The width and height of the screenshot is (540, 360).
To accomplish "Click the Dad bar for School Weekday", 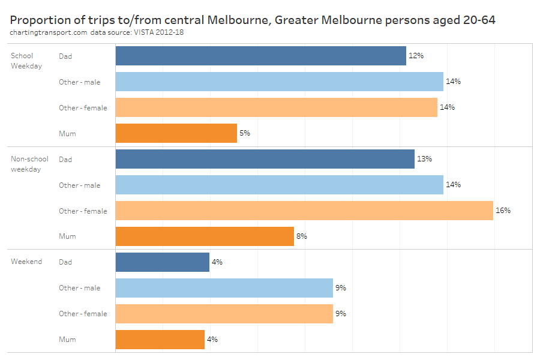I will point(260,56).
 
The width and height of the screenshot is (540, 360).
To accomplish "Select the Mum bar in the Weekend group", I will point(160,340).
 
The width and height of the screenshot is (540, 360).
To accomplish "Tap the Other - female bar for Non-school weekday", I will point(304,211).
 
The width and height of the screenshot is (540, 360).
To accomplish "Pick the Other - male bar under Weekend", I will point(224,288).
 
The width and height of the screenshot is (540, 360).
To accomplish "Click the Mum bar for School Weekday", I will point(176,133).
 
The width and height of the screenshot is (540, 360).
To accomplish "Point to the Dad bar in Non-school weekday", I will point(265,159).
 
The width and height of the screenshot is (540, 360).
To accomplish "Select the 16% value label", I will point(503,211).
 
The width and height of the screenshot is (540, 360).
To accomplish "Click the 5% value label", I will point(245,133).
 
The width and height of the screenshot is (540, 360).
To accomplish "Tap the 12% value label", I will point(416,56).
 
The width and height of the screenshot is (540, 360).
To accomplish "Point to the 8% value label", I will point(301,236).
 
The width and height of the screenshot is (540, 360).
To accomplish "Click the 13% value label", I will point(424,159).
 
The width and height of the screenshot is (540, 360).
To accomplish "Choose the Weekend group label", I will point(26,262).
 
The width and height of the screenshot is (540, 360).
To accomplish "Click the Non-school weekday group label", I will point(29,164).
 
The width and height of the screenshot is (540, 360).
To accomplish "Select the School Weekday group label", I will point(26,61).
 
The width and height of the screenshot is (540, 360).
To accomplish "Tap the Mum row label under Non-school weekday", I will point(67,236).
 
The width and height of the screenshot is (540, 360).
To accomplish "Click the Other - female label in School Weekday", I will point(83,108).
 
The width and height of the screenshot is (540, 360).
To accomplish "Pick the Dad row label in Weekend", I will point(65,262).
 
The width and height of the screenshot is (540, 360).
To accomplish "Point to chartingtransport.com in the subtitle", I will point(49,32).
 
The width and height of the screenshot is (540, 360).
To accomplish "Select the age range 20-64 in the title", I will point(479,20).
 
